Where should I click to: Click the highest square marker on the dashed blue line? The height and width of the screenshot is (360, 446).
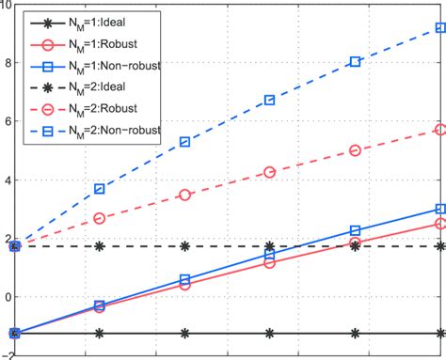pyautogui.click(x=439, y=28)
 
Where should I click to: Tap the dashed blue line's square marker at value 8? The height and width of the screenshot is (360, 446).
pyautogui.click(x=355, y=62)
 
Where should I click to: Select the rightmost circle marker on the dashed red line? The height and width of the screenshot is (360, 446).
pyautogui.click(x=439, y=130)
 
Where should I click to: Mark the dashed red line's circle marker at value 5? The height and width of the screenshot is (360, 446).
pyautogui.click(x=355, y=150)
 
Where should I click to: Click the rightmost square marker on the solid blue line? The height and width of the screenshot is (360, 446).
pyautogui.click(x=439, y=209)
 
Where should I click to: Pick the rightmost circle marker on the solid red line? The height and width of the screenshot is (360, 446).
pyautogui.click(x=439, y=224)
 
